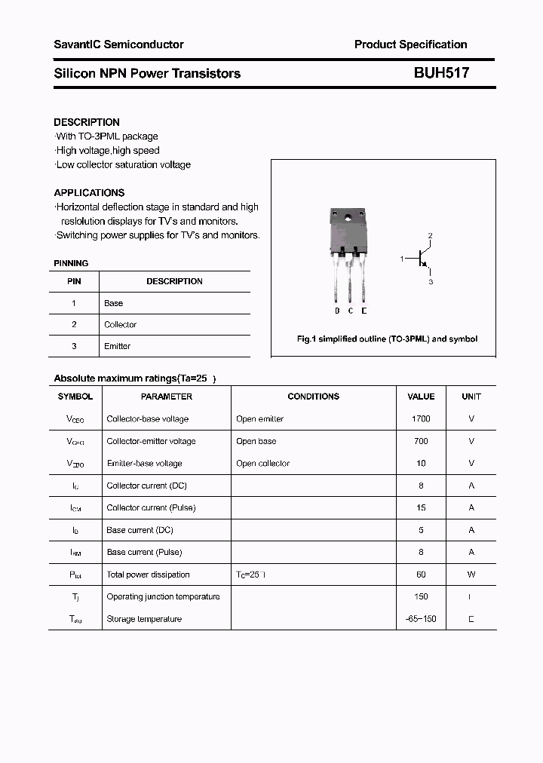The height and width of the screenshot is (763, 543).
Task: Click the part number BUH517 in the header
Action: click(x=441, y=73)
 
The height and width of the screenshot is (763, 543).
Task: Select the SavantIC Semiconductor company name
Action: click(x=118, y=44)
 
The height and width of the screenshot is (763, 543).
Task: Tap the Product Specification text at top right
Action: click(x=410, y=44)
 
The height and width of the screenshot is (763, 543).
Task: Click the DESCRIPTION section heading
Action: click(x=87, y=122)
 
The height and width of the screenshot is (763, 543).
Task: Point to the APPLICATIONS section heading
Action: click(x=89, y=192)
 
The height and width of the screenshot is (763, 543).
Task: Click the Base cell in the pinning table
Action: click(x=113, y=303)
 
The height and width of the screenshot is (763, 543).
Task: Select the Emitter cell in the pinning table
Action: click(x=117, y=346)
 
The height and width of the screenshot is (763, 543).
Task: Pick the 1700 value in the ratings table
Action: click(x=421, y=418)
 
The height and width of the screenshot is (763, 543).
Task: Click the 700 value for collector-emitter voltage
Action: click(x=421, y=441)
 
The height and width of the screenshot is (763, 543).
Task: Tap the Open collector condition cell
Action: click(x=262, y=463)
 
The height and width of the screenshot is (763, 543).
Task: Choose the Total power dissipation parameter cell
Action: click(x=148, y=575)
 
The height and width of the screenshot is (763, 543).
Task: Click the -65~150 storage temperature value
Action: click(x=421, y=619)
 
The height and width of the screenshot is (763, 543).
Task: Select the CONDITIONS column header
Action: click(x=313, y=397)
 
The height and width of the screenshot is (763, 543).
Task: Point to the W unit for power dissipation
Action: click(x=471, y=575)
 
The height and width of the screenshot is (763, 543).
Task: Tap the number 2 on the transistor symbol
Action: click(x=431, y=236)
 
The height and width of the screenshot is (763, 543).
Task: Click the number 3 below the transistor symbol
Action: click(x=431, y=282)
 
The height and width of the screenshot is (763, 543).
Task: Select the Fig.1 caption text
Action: click(x=387, y=339)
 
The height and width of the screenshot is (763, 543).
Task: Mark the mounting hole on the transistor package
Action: click(x=348, y=219)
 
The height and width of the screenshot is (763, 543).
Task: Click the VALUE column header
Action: click(x=421, y=397)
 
